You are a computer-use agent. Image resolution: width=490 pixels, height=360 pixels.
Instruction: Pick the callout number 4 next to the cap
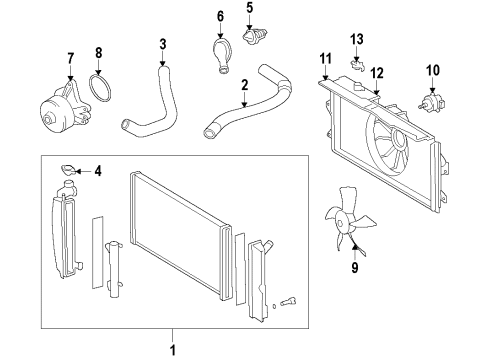97,171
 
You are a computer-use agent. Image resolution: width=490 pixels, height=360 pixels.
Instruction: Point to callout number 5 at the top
250,8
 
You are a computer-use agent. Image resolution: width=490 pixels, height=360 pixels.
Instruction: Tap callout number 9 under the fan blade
354,268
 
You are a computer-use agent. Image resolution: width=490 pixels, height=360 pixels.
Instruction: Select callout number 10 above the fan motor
433,70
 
